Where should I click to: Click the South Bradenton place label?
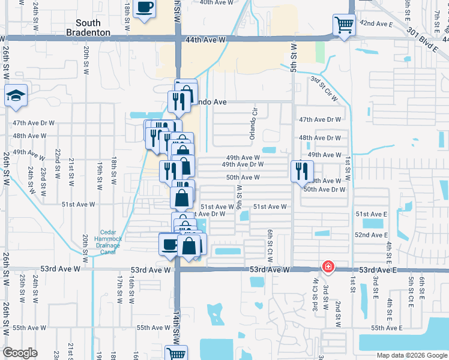pos(88,28)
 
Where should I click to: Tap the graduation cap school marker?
pos(15,95)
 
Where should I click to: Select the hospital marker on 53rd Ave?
pos(328,266)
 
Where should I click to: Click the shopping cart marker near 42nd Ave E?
pos(343,26)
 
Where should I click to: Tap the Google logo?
pos(20,353)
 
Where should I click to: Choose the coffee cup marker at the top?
pos(145,7)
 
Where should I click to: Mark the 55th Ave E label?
pos(385,328)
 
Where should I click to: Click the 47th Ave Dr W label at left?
pos(34,123)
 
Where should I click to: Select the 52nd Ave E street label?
pos(372,235)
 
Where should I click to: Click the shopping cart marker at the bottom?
pos(176,353)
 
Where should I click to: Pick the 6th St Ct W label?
pos(270,241)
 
